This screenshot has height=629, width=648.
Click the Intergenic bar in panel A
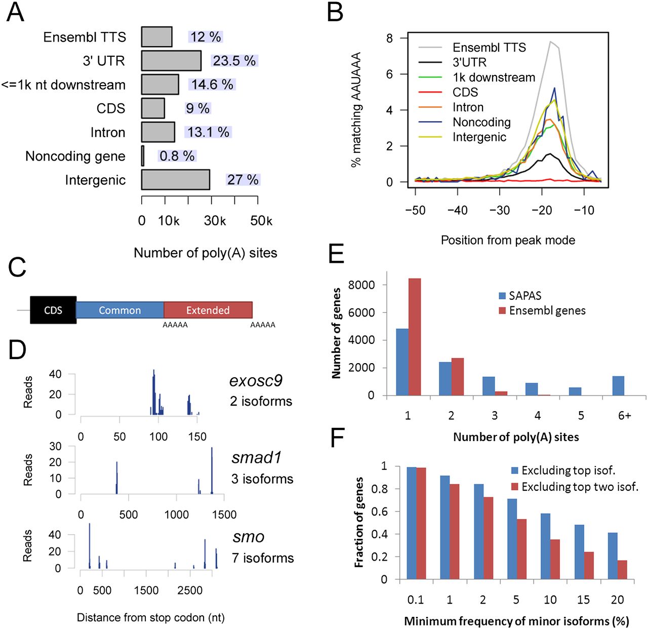click(x=175, y=180)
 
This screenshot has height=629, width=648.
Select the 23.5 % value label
click(x=234, y=61)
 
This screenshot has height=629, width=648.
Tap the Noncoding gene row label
click(x=75, y=156)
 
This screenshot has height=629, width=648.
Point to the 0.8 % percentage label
click(x=177, y=156)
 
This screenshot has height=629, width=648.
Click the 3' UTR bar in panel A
click(x=171, y=61)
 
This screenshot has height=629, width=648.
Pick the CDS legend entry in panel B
click(x=465, y=92)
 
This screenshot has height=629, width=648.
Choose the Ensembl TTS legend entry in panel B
click(x=489, y=48)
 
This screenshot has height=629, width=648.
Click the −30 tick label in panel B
click(x=499, y=211)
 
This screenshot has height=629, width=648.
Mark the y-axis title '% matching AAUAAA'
click(x=356, y=109)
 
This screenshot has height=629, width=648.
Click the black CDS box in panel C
click(x=53, y=310)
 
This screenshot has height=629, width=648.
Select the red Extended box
click(x=208, y=310)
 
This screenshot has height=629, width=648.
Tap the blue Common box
click(x=119, y=310)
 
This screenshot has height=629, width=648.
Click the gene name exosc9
click(x=256, y=380)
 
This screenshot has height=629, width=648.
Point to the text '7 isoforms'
click(x=263, y=558)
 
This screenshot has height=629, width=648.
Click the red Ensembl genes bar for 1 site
click(x=415, y=337)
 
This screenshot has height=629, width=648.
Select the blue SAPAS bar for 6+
click(x=618, y=386)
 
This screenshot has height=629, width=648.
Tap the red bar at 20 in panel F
click(x=622, y=570)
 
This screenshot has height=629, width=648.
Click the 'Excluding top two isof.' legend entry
click(x=579, y=487)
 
